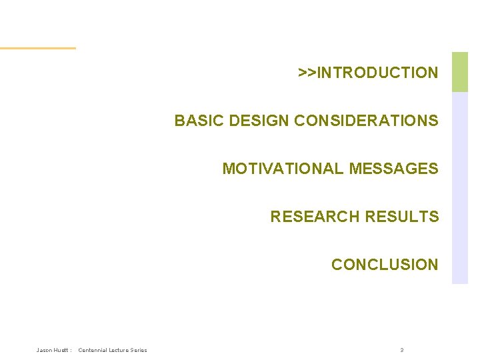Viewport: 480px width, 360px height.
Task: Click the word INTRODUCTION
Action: (x=378, y=73)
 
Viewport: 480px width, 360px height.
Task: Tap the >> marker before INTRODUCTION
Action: (x=307, y=73)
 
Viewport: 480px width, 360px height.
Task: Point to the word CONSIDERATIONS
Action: (x=366, y=121)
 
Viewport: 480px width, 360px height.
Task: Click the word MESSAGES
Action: (x=393, y=169)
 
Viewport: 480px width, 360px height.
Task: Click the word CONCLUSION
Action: (x=385, y=265)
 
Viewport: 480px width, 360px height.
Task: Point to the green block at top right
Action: (x=460, y=72)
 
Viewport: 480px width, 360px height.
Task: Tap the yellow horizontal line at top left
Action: (x=37, y=48)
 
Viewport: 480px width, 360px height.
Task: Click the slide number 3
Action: (x=402, y=350)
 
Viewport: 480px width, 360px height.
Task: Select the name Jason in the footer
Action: (x=45, y=350)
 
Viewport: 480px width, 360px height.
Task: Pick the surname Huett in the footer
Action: (x=61, y=350)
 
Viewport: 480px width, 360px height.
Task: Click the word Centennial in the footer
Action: (x=93, y=350)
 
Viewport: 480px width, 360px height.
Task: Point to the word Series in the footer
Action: (x=139, y=350)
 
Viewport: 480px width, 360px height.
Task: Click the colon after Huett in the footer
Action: (x=71, y=350)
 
